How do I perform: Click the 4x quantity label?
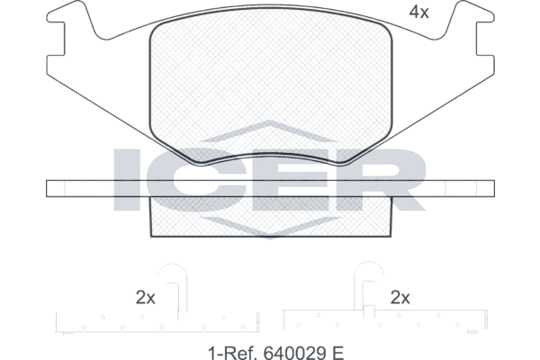pos(418,13)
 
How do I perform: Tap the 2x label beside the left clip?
pos(145,298)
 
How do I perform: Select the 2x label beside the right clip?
pos(400,298)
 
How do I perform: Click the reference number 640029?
pos(295,353)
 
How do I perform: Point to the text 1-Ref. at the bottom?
pos(233,353)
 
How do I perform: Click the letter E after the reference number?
pos(338,353)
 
